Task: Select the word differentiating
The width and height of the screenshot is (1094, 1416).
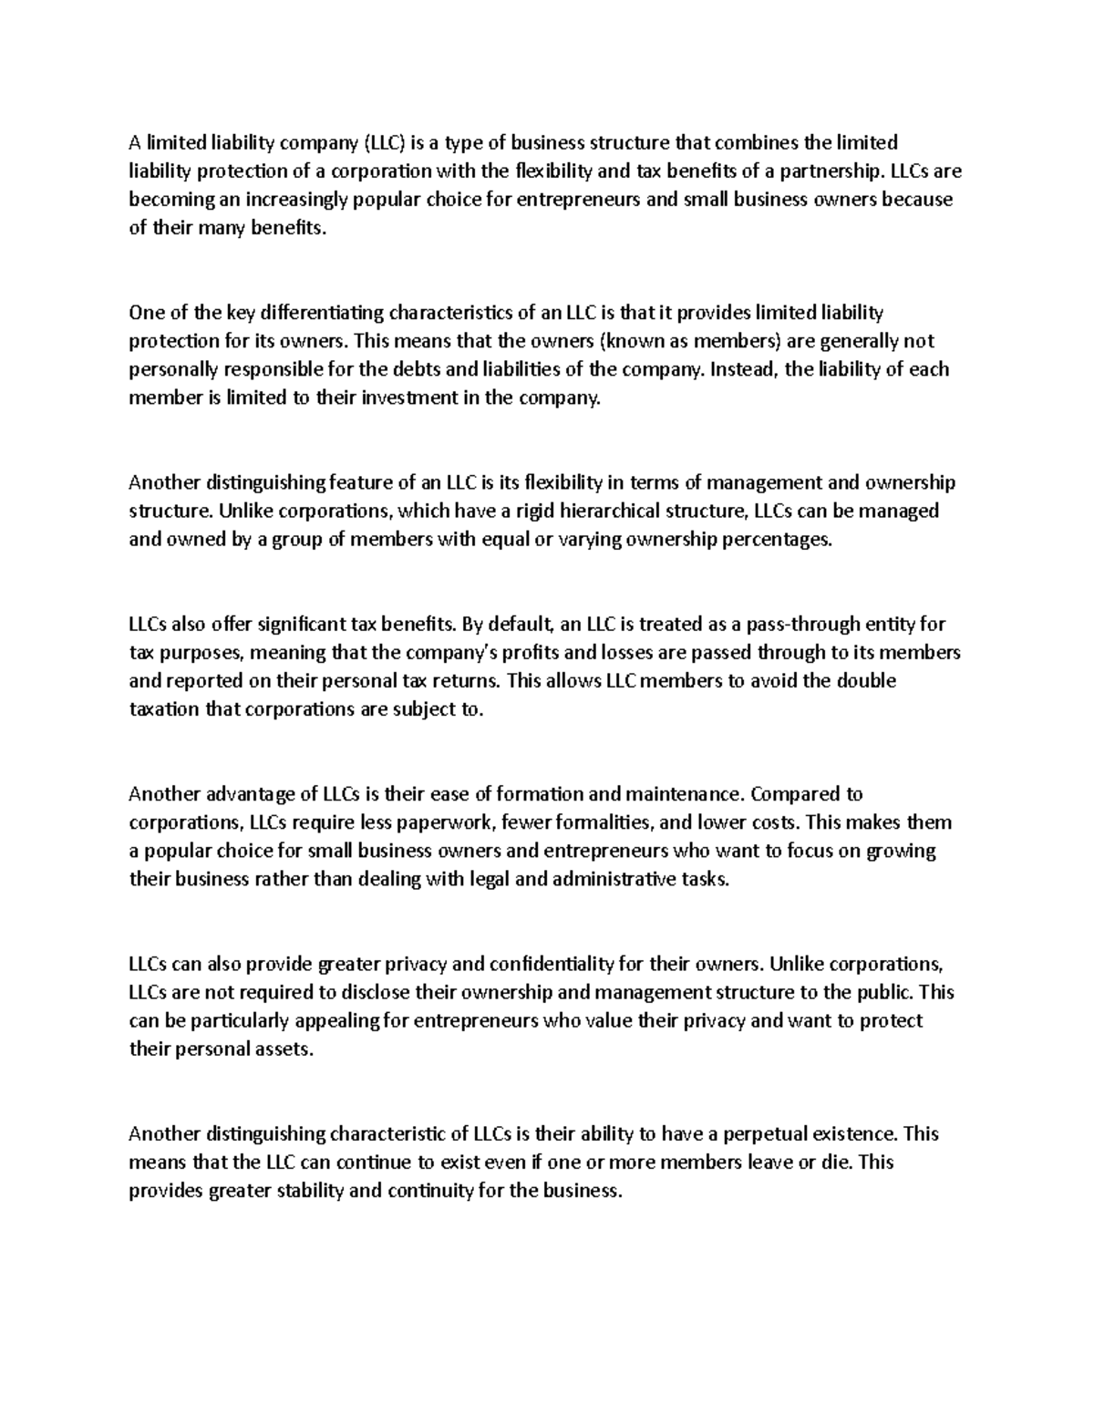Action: (323, 313)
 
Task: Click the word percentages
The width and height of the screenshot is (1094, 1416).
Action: (777, 539)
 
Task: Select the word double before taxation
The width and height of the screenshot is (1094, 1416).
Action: (866, 681)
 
